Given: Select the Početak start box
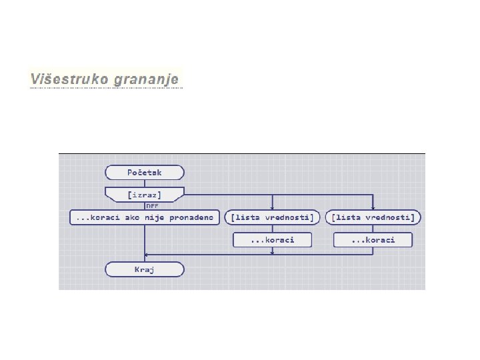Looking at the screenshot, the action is [x=145, y=173].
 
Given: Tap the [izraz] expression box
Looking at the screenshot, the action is [x=145, y=195].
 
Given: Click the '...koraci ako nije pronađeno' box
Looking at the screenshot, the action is [x=145, y=217].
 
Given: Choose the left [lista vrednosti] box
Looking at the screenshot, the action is [x=272, y=217].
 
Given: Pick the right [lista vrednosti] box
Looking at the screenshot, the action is [x=373, y=217].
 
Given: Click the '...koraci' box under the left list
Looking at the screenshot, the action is [x=272, y=239].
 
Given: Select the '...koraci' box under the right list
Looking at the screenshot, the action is [x=373, y=239].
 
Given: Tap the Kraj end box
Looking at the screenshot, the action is [x=145, y=269].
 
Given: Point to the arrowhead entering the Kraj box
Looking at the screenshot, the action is [x=145, y=260].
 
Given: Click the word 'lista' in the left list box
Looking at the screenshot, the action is [x=246, y=217].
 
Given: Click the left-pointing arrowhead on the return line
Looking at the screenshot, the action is [x=148, y=254].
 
